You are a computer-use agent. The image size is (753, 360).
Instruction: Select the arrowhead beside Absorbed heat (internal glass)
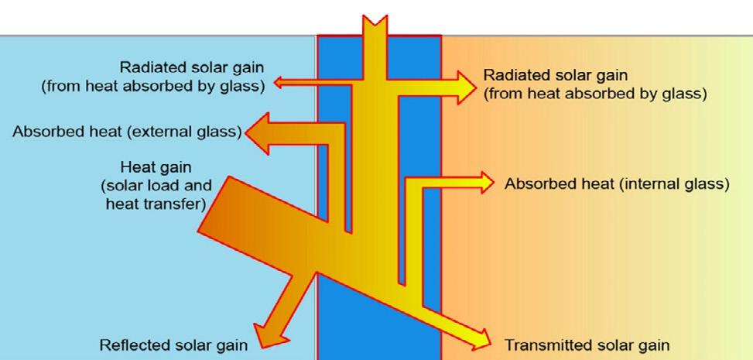tap(484, 183)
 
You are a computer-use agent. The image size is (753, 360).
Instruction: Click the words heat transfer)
tap(155, 204)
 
